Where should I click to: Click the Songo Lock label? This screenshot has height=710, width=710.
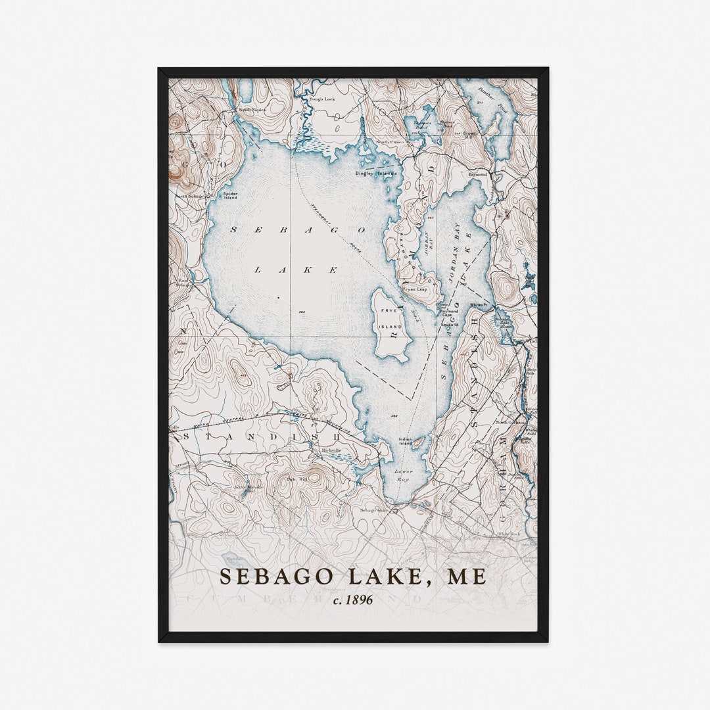(321, 99)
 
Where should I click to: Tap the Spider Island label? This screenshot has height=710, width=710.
(230, 195)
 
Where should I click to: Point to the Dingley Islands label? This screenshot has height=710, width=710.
(376, 174)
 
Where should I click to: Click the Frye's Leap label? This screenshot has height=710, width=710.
(415, 289)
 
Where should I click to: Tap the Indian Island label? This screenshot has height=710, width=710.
(405, 442)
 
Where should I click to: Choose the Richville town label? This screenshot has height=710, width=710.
(331, 450)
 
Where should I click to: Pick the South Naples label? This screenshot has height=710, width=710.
(252, 110)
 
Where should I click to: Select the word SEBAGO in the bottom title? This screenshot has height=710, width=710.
(268, 577)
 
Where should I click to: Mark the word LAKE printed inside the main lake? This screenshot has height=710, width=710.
(296, 270)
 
